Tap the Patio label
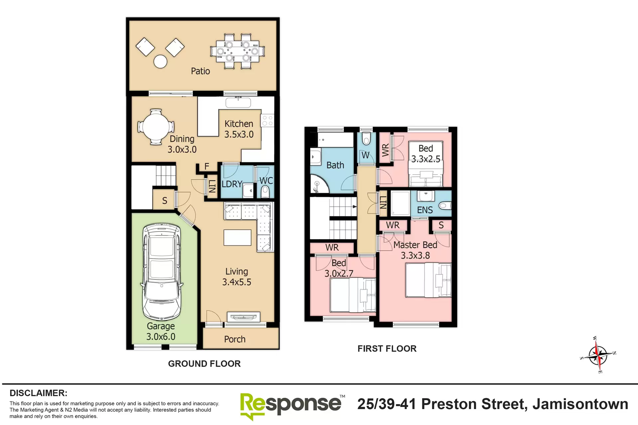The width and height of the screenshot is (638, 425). coord(200,71)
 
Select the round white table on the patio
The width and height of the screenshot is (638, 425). coord(160,61)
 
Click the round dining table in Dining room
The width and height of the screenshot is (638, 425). coord(156,127)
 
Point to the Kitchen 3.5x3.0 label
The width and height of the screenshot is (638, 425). coord(239,129)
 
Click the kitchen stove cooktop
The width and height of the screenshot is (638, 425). coord(267,121)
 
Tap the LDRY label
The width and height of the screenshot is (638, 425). coord(232,184)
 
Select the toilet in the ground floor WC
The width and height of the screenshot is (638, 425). coord(265,192)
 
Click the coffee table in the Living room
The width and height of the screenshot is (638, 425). coord(237,237)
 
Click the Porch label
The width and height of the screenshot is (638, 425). coord(235,339)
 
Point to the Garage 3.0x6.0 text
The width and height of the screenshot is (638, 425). coord(161,331)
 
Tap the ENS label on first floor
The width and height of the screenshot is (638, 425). coord(425,210)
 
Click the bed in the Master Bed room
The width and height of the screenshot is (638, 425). coord(428,280)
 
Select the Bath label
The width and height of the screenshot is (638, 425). coord(335,165)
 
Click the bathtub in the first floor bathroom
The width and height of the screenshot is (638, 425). coord(335,140)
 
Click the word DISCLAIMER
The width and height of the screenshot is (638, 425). coord(39,393)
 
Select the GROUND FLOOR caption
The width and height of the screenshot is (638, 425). coord(204,364)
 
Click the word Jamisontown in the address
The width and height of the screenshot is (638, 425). coord(580,404)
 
